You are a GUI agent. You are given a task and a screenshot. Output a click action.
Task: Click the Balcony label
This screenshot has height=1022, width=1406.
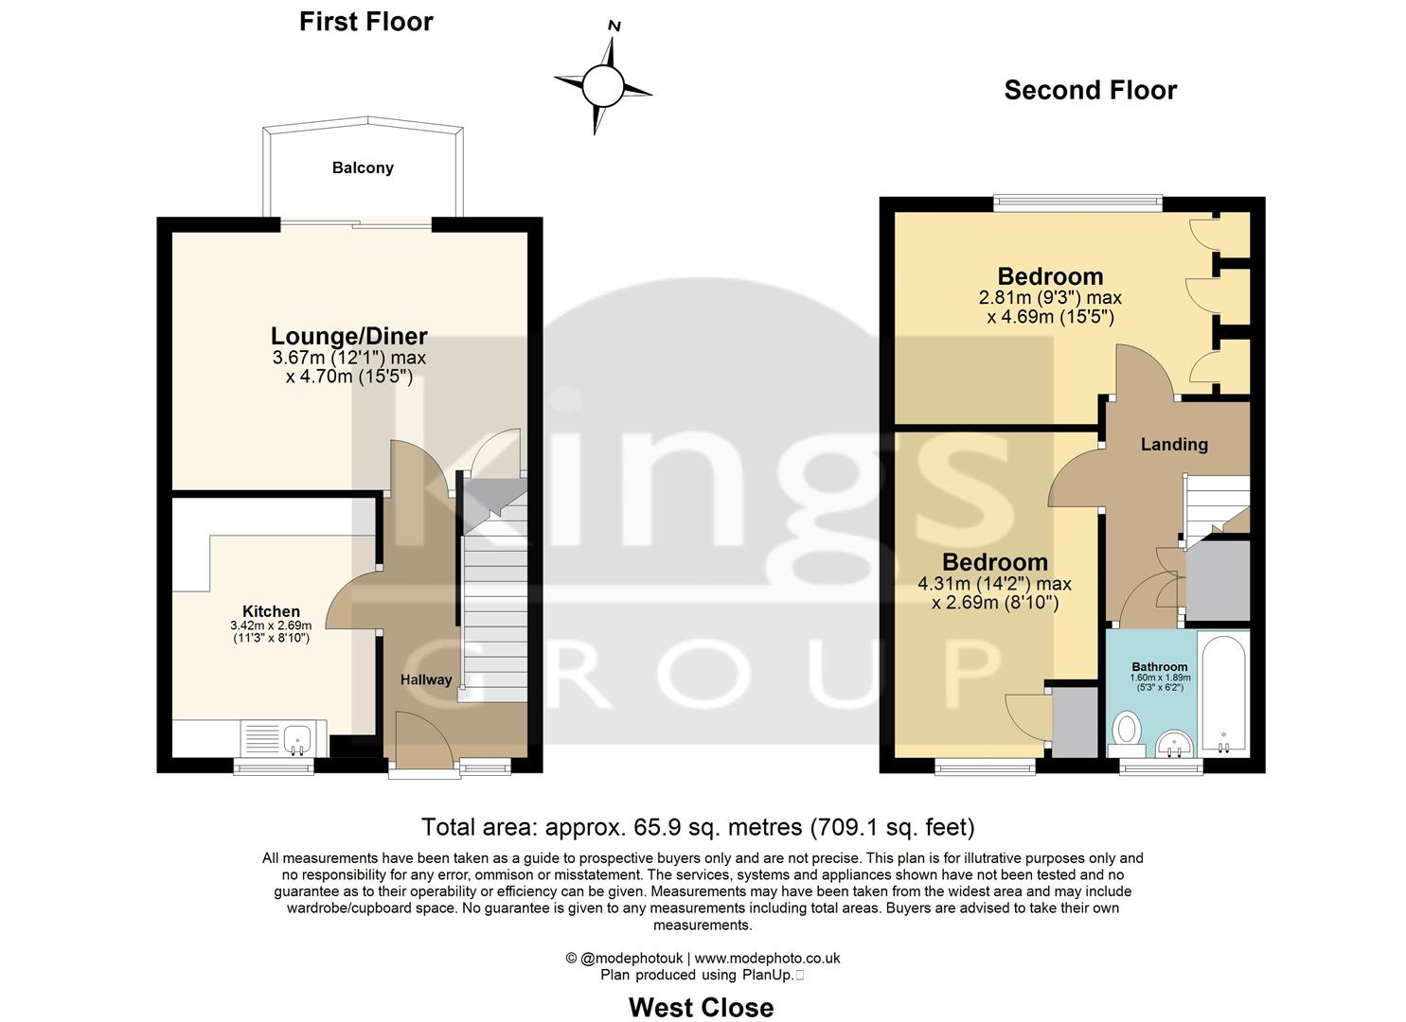coord(363,167)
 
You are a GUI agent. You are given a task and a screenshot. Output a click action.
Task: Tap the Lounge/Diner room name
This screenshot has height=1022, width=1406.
coord(348,336)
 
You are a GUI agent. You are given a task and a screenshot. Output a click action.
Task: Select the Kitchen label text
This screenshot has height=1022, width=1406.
coord(271,611)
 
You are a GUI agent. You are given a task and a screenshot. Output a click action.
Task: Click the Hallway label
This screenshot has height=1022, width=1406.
coord(425,679)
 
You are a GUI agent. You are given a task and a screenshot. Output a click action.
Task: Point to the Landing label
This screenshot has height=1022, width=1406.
coord(1174,444)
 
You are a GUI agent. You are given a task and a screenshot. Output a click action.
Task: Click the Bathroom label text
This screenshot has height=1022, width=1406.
coord(1159,666)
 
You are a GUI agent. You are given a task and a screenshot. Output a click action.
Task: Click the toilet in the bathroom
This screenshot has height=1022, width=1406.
coord(1127,731)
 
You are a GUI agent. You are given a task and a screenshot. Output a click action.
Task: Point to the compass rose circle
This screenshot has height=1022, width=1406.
coord(602,87)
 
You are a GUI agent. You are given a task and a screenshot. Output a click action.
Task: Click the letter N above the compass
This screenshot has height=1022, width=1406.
coord(614,26)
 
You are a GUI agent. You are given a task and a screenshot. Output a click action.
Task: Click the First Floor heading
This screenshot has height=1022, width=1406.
coord(365,22)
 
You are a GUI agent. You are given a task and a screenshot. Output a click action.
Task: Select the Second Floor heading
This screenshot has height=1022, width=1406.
coord(1090,90)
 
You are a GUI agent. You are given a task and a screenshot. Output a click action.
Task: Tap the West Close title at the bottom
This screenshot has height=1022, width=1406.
coord(701,1007)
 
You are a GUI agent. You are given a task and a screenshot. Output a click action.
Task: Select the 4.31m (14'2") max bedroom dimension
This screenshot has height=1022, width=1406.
coord(994,584)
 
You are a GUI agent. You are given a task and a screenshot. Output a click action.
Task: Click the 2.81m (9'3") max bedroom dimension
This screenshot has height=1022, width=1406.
coord(1050,297)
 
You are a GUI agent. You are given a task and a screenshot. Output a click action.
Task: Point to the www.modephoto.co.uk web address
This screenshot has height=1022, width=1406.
coord(767,958)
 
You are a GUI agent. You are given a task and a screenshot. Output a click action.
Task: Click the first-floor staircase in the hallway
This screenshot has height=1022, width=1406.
coord(493,606)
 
